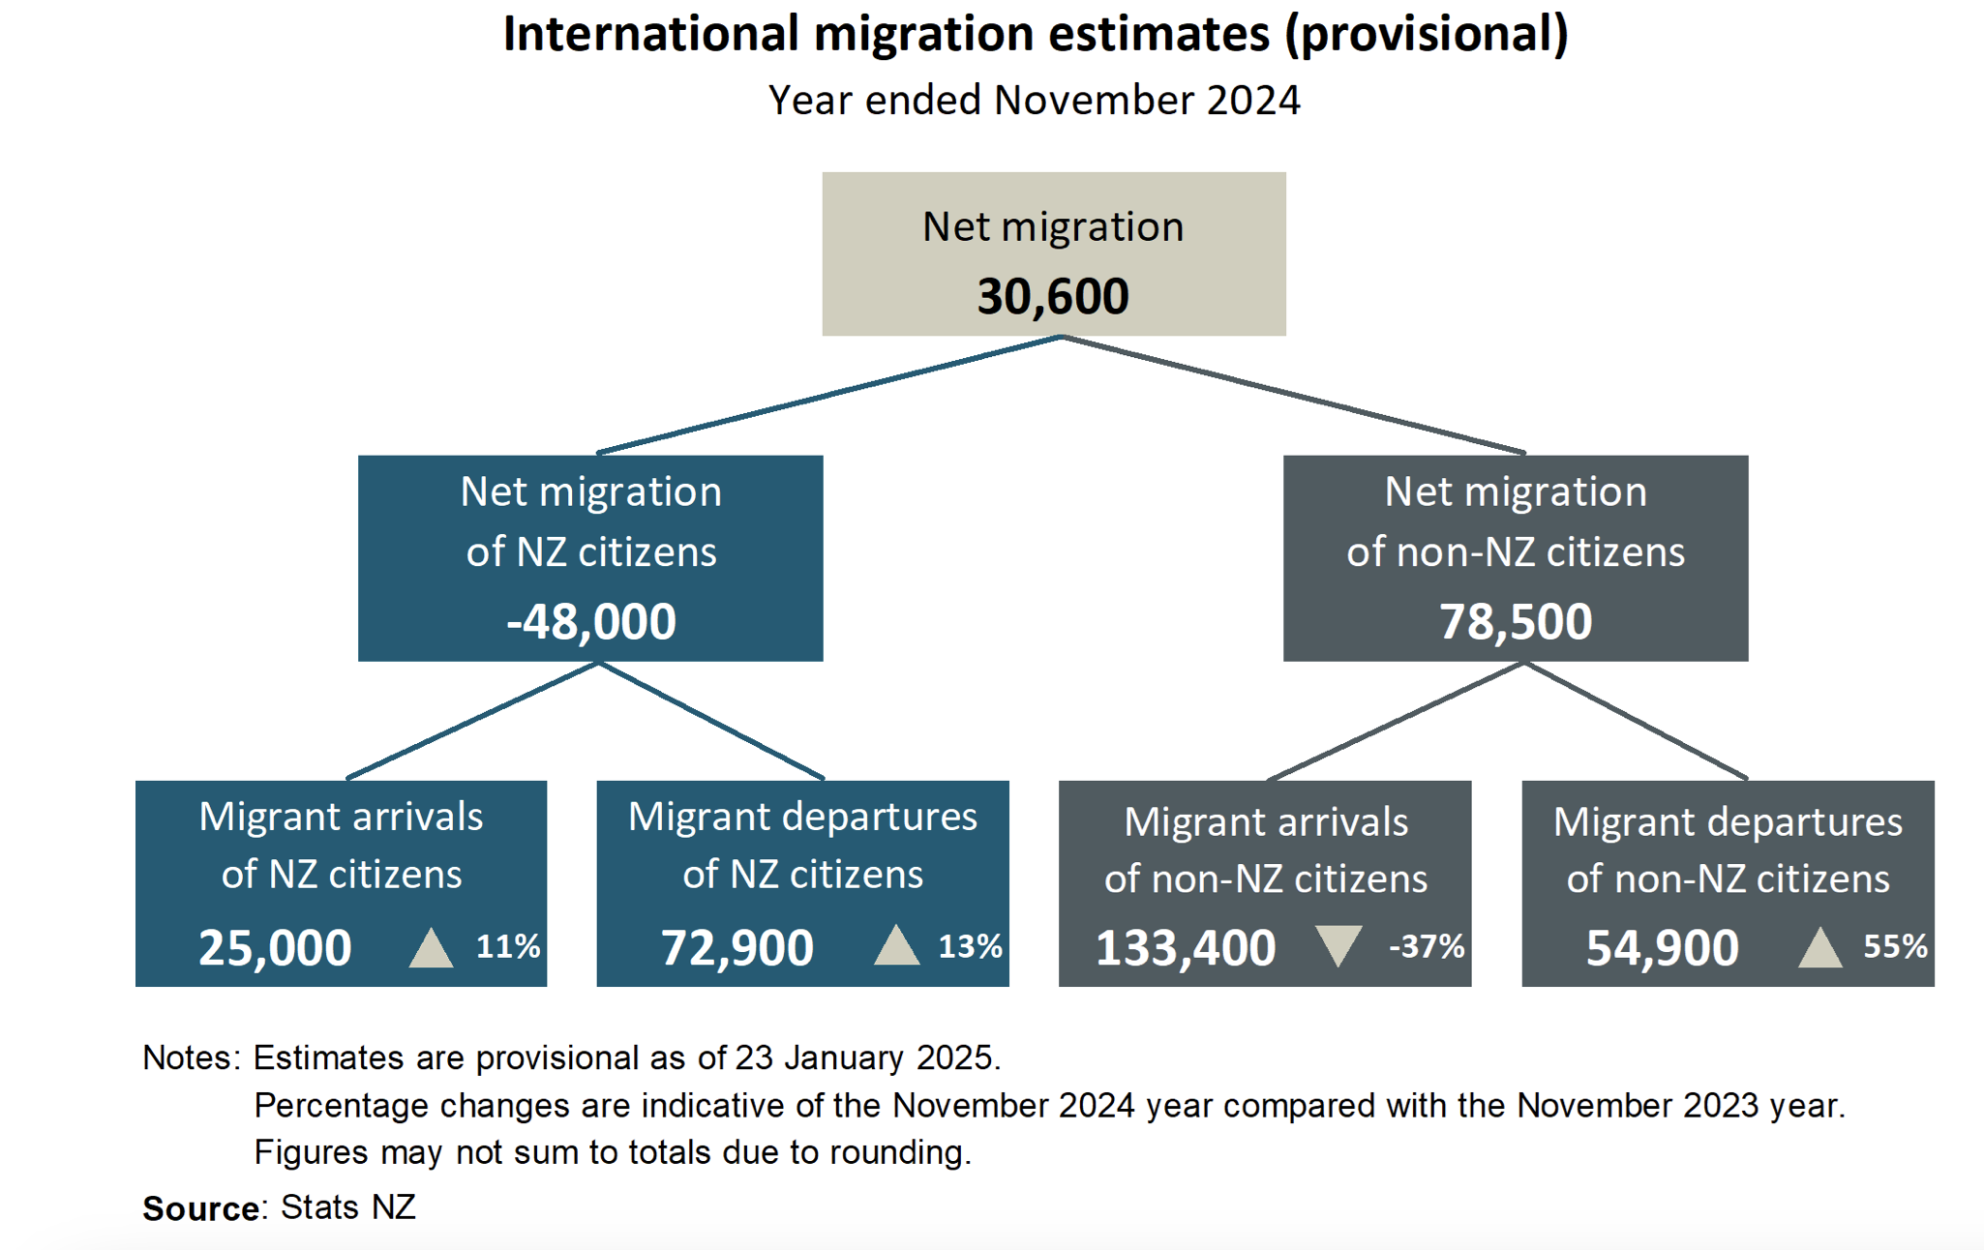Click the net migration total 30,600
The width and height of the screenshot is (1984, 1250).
1053,296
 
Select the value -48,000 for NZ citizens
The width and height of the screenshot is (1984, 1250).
591,621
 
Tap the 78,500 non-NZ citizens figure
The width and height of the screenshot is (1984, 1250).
1516,621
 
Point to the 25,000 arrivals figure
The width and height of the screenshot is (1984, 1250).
275,947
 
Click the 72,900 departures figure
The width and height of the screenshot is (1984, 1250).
736,947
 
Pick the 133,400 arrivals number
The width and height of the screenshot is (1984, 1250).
1186,947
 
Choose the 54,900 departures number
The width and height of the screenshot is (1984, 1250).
1662,947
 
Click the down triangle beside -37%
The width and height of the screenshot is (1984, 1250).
1339,945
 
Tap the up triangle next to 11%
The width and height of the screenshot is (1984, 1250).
432,947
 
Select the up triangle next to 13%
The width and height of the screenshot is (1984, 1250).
897,945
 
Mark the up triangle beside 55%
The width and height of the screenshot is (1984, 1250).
1820,947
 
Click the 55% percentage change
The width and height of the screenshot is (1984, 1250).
1895,946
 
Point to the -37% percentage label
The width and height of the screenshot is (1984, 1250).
1427,946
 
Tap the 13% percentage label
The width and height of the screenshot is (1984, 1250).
970,946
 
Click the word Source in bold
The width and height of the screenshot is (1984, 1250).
201,1208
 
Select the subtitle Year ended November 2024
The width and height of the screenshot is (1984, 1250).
1035,101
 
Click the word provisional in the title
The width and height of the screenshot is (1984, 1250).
1427,35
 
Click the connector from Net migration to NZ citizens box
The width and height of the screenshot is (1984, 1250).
829,395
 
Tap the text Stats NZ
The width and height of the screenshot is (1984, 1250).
348,1207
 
